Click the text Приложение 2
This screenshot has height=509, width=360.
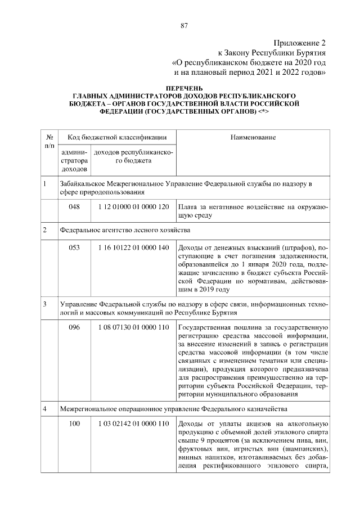300,43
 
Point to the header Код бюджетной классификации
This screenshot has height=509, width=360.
117,137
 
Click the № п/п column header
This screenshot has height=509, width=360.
49,141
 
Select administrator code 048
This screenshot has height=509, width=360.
74,207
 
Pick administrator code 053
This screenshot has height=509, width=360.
74,248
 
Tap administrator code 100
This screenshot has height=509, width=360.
74,424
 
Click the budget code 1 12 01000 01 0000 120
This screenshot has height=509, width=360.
133,207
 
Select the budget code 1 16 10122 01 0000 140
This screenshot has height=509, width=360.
133,248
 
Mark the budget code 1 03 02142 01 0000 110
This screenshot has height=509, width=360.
133,424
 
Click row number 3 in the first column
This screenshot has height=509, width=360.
44,304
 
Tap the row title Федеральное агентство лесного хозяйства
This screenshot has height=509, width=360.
125,230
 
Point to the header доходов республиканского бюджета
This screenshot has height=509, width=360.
133,156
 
